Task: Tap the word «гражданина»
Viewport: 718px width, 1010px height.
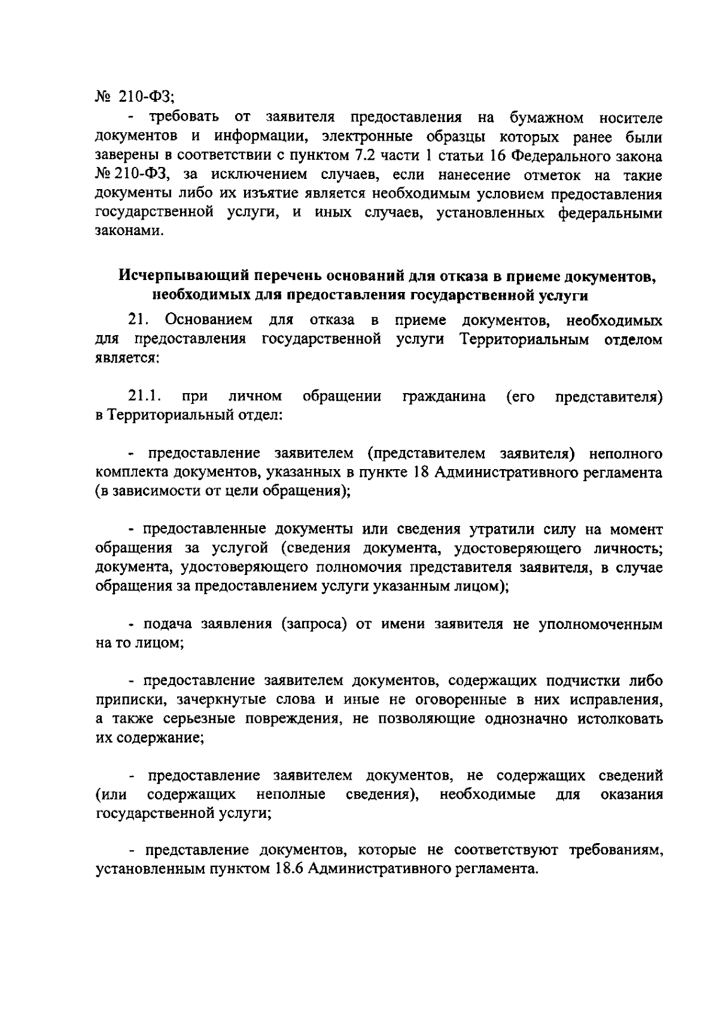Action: point(444,397)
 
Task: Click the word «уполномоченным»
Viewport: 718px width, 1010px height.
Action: point(600,625)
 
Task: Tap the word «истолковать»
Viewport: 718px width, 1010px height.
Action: point(620,719)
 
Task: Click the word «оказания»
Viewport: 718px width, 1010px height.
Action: point(631,795)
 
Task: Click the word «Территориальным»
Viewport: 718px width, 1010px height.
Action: point(524,340)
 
